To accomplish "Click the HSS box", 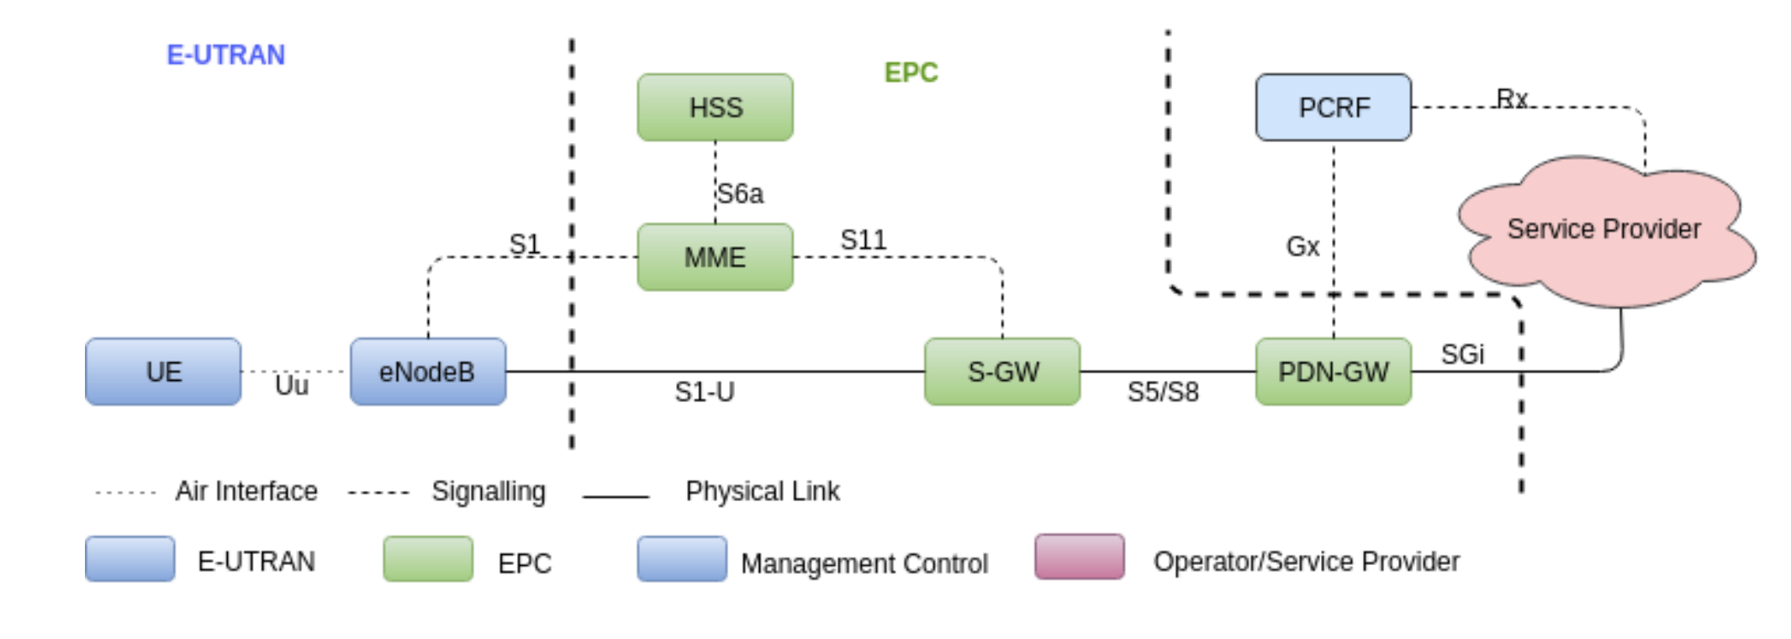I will (715, 108).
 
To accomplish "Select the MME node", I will (715, 257).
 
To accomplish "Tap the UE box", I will (163, 372).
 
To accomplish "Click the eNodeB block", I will (428, 372).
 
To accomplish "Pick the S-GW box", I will (1002, 372).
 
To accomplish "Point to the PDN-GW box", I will (1334, 372).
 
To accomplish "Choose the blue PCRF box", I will (1334, 108).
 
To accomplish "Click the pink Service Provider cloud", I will (1604, 230).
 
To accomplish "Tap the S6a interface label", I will (740, 194).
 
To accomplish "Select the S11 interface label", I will (864, 240).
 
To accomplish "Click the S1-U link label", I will (705, 392).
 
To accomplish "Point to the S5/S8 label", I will (1163, 392).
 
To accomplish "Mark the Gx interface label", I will (1302, 247).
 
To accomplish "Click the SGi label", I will (1462, 355).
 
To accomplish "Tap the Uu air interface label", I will (292, 386).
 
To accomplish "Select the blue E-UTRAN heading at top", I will (225, 55).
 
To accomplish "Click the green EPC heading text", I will (911, 73).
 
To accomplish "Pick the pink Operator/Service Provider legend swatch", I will (1080, 557).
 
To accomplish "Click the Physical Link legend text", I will (762, 491).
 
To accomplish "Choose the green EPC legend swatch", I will (428, 559).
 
